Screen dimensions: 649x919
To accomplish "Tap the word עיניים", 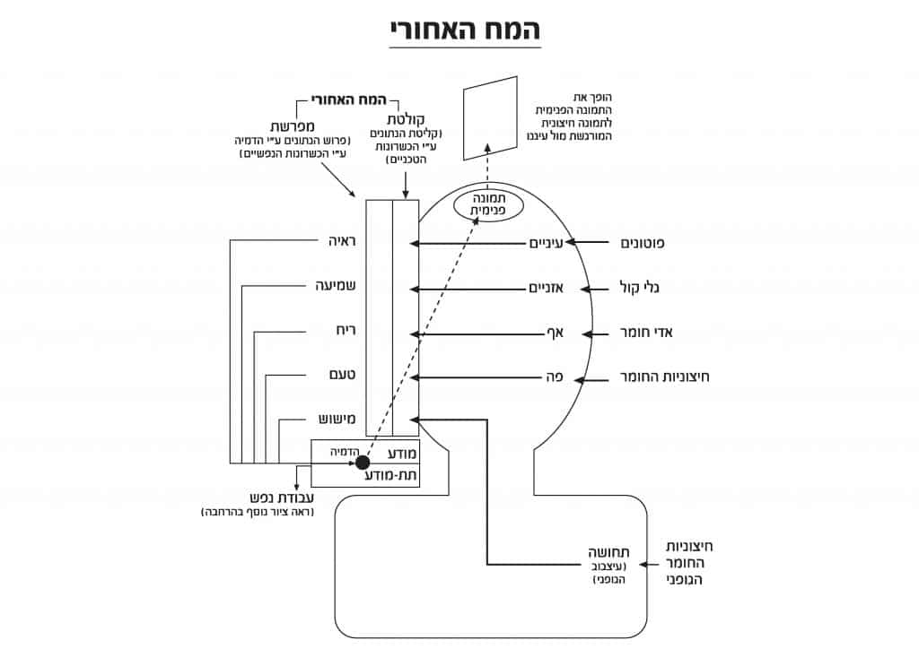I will coord(544,244).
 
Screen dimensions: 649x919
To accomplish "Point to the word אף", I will coord(554,334).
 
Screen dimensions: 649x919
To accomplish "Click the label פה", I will coord(554,378).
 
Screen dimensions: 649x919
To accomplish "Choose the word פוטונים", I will coord(643,244).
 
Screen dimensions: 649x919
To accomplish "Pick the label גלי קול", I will coord(641,289).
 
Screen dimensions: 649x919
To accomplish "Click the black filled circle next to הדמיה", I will coord(363,463).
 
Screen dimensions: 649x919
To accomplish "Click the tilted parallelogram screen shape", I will coord(491,118).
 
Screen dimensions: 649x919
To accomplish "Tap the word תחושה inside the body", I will coord(608,552).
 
